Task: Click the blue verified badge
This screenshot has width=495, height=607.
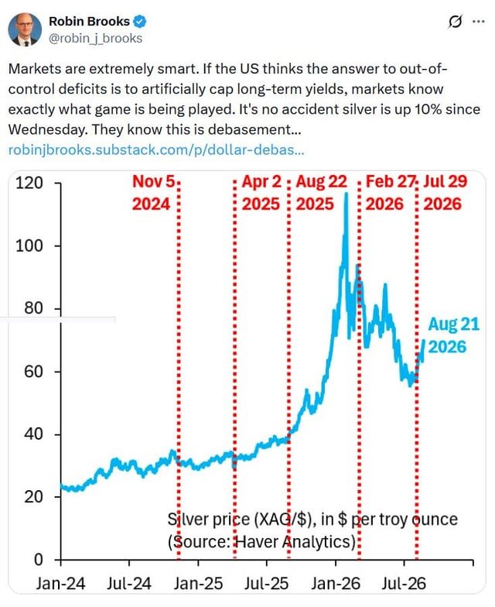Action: click(x=139, y=22)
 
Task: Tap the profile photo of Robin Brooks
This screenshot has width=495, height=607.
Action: click(x=25, y=29)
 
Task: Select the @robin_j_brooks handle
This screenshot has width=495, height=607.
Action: click(x=96, y=39)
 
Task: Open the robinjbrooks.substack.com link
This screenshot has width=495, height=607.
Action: click(x=156, y=149)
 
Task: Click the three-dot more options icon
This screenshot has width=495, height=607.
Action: click(x=479, y=22)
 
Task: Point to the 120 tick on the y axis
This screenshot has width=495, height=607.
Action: click(x=29, y=183)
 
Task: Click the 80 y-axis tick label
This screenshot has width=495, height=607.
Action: click(x=34, y=308)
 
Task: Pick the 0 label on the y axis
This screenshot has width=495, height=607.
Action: click(x=39, y=560)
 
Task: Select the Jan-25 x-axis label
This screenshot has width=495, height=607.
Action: click(x=198, y=584)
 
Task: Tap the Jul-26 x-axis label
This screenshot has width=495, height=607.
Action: click(x=404, y=584)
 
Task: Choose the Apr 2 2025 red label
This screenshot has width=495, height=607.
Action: click(x=261, y=193)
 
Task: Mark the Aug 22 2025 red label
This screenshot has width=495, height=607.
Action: click(x=321, y=193)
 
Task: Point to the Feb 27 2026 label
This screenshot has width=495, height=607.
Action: click(x=390, y=193)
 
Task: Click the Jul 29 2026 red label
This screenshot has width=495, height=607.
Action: click(x=445, y=193)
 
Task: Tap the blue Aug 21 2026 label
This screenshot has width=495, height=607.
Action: click(x=453, y=335)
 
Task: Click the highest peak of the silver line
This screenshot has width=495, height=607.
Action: click(x=346, y=194)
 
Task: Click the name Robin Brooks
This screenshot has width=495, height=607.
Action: click(x=90, y=22)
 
